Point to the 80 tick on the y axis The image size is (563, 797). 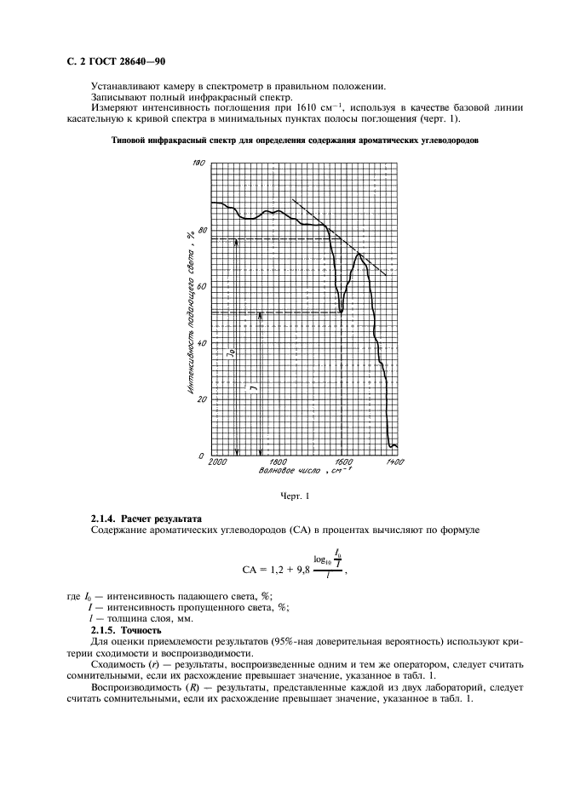pyautogui.click(x=203, y=230)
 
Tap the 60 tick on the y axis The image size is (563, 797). pyautogui.click(x=203, y=287)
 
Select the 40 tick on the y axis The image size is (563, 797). pyautogui.click(x=203, y=343)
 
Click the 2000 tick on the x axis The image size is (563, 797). pyautogui.click(x=217, y=461)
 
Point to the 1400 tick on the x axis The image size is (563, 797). pyautogui.click(x=394, y=461)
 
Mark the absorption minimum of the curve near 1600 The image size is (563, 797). pyautogui.click(x=341, y=312)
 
